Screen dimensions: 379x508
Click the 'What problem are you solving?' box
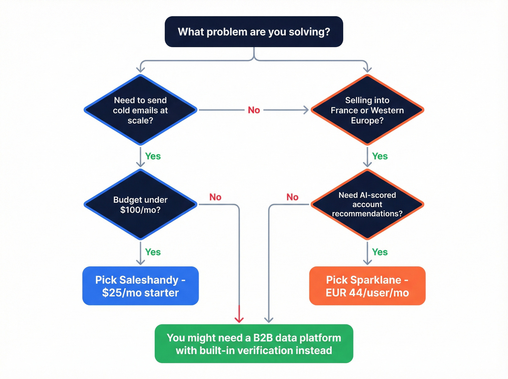coord(254,32)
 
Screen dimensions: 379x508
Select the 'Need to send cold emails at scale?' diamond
coord(140,110)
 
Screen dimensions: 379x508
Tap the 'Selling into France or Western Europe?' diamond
coord(367,110)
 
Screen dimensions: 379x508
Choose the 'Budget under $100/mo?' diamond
coord(140,205)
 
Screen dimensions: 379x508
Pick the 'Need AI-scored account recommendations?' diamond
coord(367,205)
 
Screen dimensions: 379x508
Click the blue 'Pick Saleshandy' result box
coord(140,286)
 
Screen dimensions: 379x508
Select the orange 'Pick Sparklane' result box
coord(367,286)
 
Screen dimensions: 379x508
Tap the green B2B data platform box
coord(254,344)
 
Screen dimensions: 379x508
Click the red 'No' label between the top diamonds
coord(254,110)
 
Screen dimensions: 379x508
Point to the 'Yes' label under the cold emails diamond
coord(153,156)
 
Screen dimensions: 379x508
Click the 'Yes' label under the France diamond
coord(380,156)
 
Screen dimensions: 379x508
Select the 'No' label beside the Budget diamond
coord(215,197)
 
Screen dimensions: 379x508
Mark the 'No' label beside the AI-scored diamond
coord(292,197)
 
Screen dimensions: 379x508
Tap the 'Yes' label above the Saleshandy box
coord(153,252)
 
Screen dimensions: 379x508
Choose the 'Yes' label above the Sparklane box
coord(380,252)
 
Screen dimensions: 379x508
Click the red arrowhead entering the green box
coord(239,319)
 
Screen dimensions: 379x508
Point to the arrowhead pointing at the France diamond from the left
coord(306,110)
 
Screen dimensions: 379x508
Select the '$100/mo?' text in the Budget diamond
coord(140,210)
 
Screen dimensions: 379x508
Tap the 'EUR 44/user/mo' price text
coord(367,293)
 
